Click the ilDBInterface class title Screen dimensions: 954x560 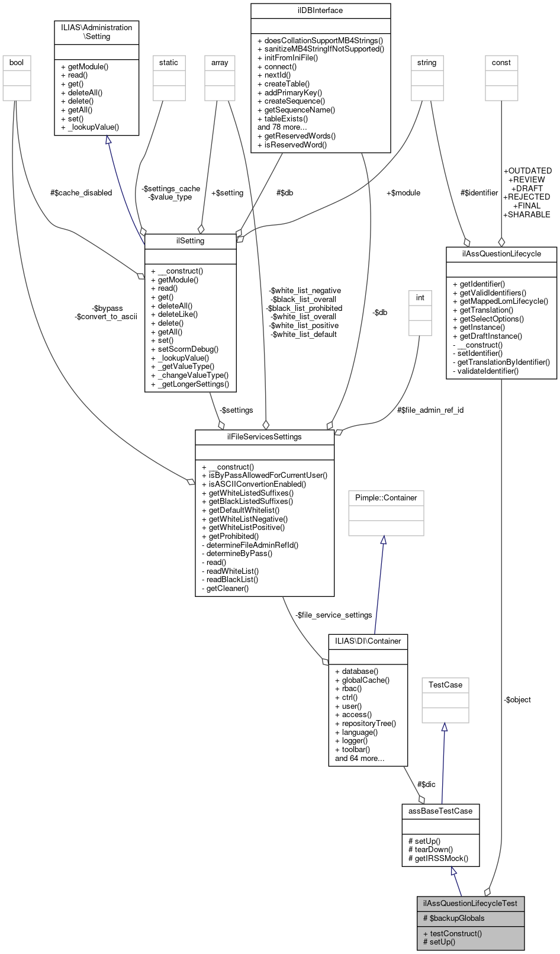pyautogui.click(x=320, y=10)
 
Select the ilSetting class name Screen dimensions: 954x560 pyautogui.click(x=190, y=241)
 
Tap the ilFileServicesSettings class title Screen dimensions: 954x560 pyautogui.click(x=265, y=436)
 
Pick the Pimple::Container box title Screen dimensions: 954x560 pyautogui.click(x=386, y=497)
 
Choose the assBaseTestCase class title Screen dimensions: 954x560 pyautogui.click(x=440, y=811)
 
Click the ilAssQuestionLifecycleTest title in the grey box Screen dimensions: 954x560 pyautogui.click(x=470, y=903)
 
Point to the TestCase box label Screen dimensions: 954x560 pyautogui.click(x=445, y=685)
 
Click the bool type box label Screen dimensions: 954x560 pyautogui.click(x=17, y=62)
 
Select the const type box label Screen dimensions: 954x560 pyautogui.click(x=501, y=62)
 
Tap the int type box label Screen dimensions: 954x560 pyautogui.click(x=420, y=297)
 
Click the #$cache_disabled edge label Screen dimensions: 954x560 pyautogui.click(x=81, y=192)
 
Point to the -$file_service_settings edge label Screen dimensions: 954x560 pyautogui.click(x=333, y=615)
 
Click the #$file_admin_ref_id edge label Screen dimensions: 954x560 pyautogui.click(x=430, y=409)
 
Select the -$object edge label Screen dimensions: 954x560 pyautogui.click(x=517, y=699)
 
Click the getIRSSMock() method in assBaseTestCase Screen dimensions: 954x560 pyautogui.click(x=438, y=857)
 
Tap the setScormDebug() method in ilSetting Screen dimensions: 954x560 pyautogui.click(x=185, y=349)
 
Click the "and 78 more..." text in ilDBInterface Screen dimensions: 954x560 pyautogui.click(x=282, y=127)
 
